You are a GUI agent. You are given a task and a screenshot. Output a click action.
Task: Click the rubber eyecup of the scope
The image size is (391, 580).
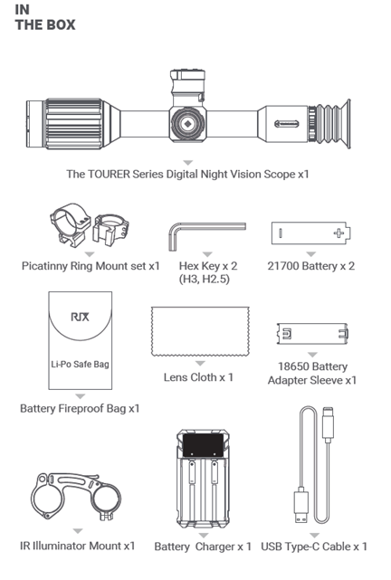pyautogui.click(x=334, y=124)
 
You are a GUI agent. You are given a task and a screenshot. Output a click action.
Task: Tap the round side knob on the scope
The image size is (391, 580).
pyautogui.click(x=187, y=124)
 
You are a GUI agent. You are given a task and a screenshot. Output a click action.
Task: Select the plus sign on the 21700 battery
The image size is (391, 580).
pyautogui.click(x=339, y=233)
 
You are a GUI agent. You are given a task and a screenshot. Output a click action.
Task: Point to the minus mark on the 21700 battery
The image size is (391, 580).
pyautogui.click(x=281, y=233)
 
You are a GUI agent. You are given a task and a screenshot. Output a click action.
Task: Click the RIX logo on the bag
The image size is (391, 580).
pyautogui.click(x=80, y=317)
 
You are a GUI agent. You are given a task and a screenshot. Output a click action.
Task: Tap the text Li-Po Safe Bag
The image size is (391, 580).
pyautogui.click(x=80, y=365)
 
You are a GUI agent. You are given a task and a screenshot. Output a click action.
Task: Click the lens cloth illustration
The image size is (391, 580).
pyautogui.click(x=200, y=331)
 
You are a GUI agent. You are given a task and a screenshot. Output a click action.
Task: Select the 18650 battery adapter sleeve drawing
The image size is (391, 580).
pyautogui.click(x=312, y=334)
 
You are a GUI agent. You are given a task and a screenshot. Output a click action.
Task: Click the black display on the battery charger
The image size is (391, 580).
pyautogui.click(x=203, y=445)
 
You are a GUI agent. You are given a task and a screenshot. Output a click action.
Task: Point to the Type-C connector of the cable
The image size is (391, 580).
pyautogui.click(x=329, y=424)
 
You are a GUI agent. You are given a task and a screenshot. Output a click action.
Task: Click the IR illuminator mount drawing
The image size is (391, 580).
pyautogui.click(x=76, y=496)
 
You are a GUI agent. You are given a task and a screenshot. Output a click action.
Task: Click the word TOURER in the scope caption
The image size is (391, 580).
pyautogui.click(x=109, y=175)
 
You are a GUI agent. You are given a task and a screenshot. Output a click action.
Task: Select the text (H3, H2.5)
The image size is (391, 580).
pyautogui.click(x=205, y=279)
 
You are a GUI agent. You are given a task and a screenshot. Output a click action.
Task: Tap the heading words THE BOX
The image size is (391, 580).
pyautogui.click(x=45, y=24)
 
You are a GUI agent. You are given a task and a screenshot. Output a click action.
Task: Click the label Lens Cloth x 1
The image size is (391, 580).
pyautogui.click(x=198, y=377)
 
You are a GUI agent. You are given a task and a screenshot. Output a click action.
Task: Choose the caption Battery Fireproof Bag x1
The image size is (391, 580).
pyautogui.click(x=80, y=409)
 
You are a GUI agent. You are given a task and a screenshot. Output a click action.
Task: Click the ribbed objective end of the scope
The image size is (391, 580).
pyautogui.click(x=73, y=124)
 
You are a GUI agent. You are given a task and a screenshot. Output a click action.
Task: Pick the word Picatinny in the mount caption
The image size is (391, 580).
pyautogui.click(x=44, y=266)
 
